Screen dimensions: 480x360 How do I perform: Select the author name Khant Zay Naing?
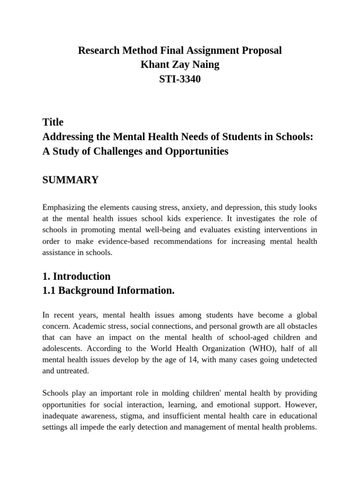(180, 65)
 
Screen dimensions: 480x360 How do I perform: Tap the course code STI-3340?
(180, 79)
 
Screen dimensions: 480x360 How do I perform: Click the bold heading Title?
(53, 122)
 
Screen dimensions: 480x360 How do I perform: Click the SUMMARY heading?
(70, 180)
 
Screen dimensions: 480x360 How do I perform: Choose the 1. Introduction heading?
(76, 276)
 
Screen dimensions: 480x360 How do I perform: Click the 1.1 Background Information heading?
(108, 291)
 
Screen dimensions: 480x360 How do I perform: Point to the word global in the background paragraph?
(305, 315)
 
